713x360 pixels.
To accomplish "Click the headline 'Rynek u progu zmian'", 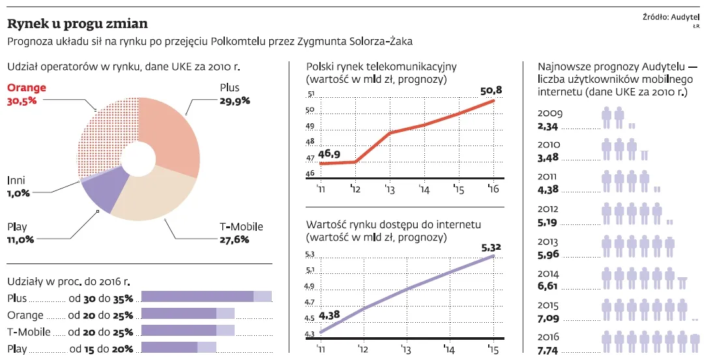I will [x=77, y=24].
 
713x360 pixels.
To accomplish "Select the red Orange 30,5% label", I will [x=26, y=95].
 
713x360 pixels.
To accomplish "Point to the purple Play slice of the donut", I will [x=104, y=189].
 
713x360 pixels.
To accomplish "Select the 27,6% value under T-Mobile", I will [x=234, y=239].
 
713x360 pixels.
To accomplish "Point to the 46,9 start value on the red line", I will [x=330, y=154].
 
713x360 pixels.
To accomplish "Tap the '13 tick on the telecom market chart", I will [x=390, y=190].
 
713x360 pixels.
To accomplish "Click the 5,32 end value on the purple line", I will [x=492, y=247].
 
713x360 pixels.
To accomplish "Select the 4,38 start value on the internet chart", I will [x=330, y=315].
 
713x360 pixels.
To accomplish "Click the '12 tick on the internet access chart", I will [x=362, y=349].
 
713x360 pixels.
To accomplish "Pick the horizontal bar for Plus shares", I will [x=206, y=297].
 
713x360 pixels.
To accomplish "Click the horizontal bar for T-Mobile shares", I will [x=188, y=331].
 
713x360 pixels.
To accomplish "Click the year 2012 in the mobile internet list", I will [x=549, y=209].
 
